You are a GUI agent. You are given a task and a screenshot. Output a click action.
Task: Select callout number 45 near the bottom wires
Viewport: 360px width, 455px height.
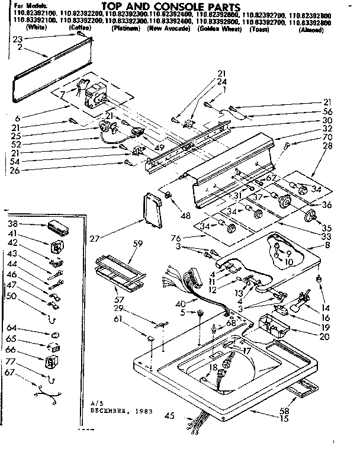[170, 415]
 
